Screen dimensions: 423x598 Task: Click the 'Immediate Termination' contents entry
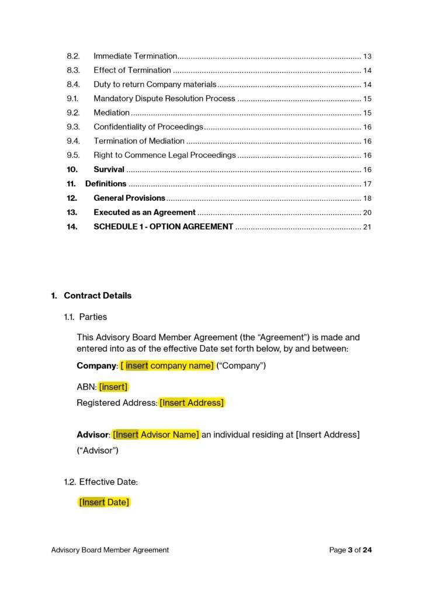(x=135, y=56)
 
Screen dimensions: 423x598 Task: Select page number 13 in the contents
(x=367, y=57)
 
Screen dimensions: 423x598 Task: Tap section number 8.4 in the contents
(x=73, y=84)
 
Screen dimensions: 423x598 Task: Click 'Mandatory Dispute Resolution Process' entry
(x=164, y=99)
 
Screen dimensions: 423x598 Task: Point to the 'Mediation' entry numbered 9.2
(x=112, y=113)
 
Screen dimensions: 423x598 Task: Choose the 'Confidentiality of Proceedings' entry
(x=148, y=127)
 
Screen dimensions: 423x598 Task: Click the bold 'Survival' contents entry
(x=109, y=169)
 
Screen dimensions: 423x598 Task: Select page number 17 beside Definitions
(x=367, y=184)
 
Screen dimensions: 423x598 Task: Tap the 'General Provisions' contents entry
(x=129, y=198)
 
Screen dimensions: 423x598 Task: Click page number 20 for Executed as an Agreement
(x=367, y=213)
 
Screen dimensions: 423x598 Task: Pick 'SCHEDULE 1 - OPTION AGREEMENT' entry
(x=163, y=227)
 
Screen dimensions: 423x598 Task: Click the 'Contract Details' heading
(x=98, y=295)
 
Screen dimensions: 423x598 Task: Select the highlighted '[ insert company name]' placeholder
(x=167, y=366)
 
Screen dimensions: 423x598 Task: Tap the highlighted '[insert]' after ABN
(x=113, y=387)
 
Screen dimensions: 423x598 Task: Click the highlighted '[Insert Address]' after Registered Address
(x=192, y=402)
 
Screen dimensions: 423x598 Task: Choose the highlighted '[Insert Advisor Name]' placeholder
(x=156, y=434)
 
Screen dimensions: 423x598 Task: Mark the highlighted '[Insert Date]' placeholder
(x=104, y=502)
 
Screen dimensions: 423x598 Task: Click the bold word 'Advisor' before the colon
(x=93, y=434)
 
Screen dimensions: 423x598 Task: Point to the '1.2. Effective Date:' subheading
(x=101, y=482)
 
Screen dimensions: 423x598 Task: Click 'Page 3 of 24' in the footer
(x=350, y=550)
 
